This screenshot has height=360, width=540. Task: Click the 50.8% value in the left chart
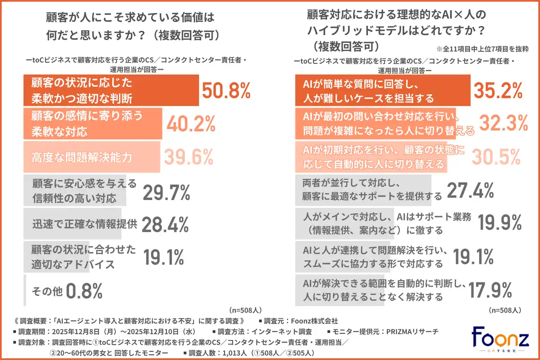point(227,91)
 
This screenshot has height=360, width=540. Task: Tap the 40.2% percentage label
point(191,124)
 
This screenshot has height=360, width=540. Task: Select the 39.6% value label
point(188,157)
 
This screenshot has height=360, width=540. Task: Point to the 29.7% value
point(167,192)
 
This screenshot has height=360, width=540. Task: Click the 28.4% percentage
point(165,225)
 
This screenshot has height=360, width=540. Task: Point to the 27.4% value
point(470,191)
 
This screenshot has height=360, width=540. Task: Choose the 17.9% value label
point(490,290)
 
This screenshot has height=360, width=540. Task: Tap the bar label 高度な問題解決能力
point(82,157)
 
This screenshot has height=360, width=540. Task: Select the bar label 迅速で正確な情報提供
point(84,224)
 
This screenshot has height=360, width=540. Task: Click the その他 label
point(47,291)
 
